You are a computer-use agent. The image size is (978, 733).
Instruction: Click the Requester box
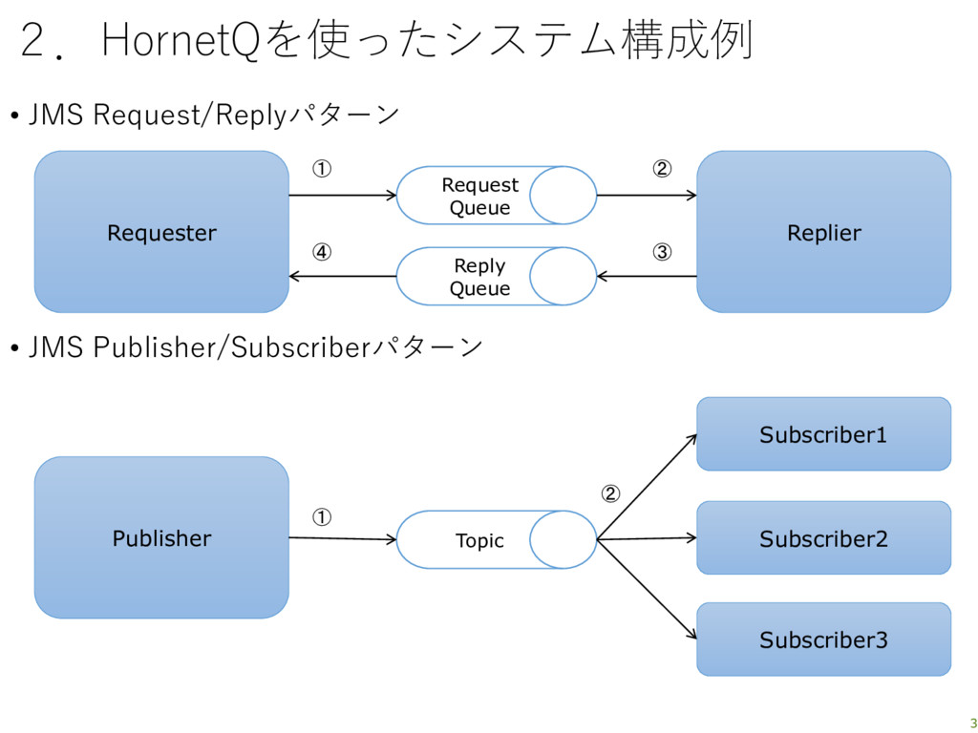(161, 232)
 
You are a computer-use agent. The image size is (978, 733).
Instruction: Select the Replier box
(823, 232)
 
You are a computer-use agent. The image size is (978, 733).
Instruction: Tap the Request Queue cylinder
(497, 195)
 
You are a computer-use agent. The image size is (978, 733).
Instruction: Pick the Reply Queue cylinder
(497, 276)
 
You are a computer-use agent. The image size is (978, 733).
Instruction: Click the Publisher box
(161, 537)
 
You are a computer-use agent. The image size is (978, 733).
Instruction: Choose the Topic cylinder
(497, 540)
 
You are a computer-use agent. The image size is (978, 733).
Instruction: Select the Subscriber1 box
(823, 434)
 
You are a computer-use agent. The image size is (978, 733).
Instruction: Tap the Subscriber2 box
(823, 538)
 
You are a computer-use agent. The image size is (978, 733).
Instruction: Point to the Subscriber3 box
(823, 639)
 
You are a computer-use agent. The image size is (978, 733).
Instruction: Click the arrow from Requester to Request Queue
(343, 196)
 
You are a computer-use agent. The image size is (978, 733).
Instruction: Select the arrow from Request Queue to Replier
(647, 196)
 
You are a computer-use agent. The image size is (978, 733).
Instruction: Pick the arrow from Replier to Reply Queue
(647, 276)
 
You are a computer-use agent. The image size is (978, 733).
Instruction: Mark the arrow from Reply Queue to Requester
(343, 276)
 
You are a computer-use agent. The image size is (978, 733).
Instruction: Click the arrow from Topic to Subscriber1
(647, 487)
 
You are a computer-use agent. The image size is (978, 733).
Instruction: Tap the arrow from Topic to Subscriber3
(647, 589)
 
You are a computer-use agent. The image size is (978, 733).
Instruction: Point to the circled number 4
(321, 252)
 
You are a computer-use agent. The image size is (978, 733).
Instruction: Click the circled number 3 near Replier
(662, 252)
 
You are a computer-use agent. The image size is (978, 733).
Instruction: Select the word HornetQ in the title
(181, 40)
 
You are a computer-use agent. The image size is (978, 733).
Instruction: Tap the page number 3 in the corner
(973, 723)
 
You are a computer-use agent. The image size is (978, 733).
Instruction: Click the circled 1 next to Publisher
(321, 516)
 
